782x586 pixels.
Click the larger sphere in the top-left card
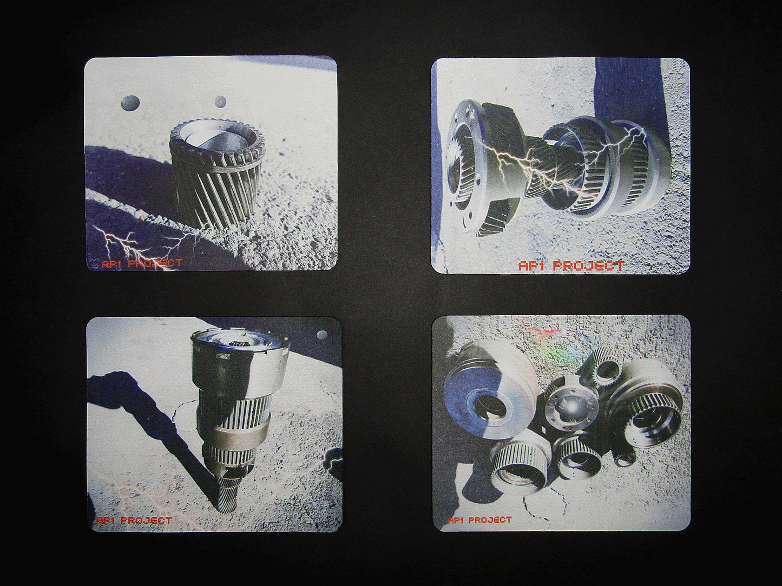pyautogui.click(x=129, y=103)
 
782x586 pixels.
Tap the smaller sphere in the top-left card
pyautogui.click(x=220, y=102)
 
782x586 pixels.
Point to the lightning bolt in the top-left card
pyautogui.click(x=142, y=245)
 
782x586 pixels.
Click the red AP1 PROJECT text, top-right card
pyautogui.click(x=571, y=266)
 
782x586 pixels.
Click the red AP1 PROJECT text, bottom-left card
pyautogui.click(x=134, y=521)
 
